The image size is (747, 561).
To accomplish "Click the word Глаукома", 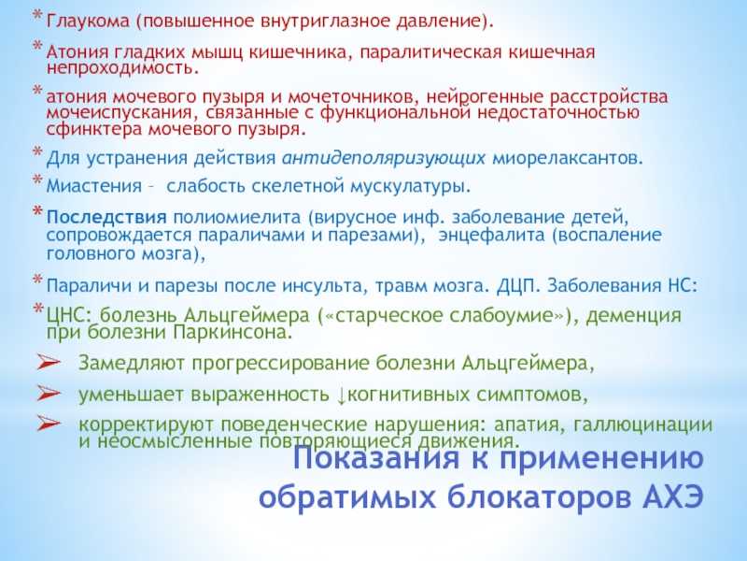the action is [x=88, y=22].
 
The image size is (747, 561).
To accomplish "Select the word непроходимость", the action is [x=122, y=67].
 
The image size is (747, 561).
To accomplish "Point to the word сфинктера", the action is [x=94, y=129].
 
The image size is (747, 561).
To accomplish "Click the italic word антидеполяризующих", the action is [x=384, y=158].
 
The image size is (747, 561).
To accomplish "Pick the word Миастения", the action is [x=94, y=185].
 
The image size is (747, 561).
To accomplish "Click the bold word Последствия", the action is [x=106, y=218].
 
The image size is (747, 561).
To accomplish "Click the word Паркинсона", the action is [x=232, y=332].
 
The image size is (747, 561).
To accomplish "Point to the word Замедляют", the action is [x=132, y=364].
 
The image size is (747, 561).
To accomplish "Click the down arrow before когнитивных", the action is [x=341, y=396].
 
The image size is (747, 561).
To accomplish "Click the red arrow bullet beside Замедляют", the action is [x=49, y=363].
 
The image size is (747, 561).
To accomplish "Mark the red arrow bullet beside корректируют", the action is [x=49, y=424].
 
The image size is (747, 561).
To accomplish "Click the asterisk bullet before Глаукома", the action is [x=37, y=16].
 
